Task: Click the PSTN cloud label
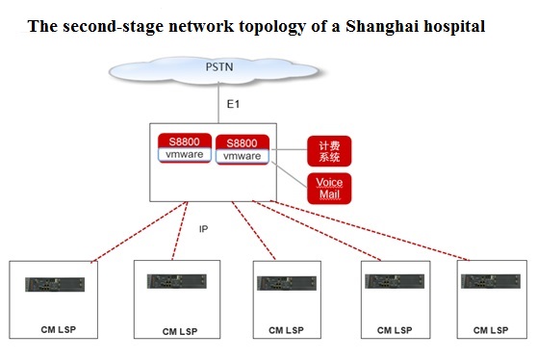[219, 66]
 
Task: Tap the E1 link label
[233, 104]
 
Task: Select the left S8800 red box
[185, 148]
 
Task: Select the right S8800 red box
[243, 149]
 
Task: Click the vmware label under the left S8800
[185, 154]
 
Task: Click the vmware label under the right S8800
[243, 156]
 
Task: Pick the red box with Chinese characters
[329, 151]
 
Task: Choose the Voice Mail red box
[329, 189]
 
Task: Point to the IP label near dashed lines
[203, 229]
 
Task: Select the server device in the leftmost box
[55, 285]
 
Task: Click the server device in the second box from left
[177, 281]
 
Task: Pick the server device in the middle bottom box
[287, 283]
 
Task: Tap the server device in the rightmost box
[491, 281]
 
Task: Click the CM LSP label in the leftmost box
[58, 329]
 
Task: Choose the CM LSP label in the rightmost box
[491, 330]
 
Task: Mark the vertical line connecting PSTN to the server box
[218, 102]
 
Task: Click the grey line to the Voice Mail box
[290, 174]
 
